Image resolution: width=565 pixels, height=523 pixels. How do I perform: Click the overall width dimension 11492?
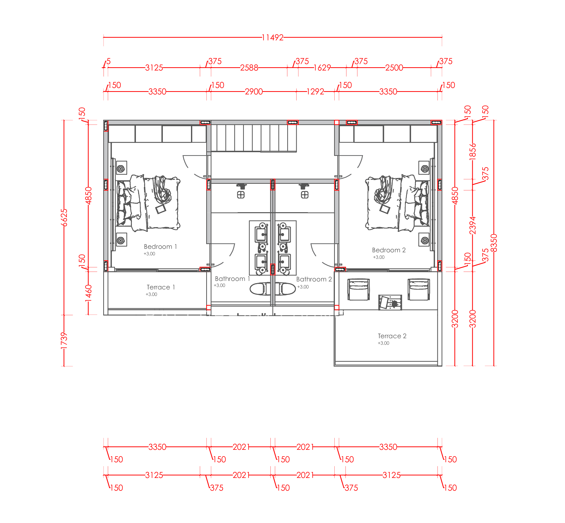pos(272,37)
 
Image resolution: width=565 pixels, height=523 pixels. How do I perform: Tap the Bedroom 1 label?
pos(160,247)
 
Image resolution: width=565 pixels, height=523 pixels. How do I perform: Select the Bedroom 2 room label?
pos(388,250)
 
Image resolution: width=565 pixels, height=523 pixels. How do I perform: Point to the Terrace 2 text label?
pos(392,336)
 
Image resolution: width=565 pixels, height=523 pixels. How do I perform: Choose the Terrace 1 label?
pos(161,287)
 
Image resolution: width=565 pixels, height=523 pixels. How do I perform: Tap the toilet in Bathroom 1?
pos(260,289)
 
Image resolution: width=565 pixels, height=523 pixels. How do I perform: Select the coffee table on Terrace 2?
pos(390,302)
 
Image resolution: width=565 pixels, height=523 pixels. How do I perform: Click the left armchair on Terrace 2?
pos(359,289)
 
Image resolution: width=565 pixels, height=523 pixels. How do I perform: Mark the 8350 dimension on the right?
pos(494,243)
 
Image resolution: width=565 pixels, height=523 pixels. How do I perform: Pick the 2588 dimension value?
pos(249,68)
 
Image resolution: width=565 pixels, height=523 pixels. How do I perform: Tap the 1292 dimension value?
pos(315,92)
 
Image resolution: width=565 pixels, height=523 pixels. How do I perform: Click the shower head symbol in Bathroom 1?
pos(241,187)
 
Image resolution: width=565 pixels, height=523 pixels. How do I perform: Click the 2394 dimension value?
pos(472,225)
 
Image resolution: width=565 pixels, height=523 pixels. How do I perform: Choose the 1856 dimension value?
pos(472,152)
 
